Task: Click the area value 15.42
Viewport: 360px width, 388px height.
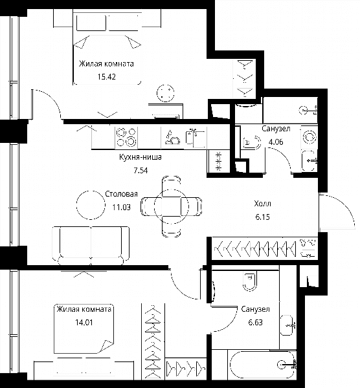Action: pyautogui.click(x=107, y=77)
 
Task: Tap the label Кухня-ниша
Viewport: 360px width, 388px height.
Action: pyautogui.click(x=141, y=157)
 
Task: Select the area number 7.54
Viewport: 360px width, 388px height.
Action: pyautogui.click(x=141, y=171)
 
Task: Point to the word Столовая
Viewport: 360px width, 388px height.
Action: pyautogui.click(x=122, y=194)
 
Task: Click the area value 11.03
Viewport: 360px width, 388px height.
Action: pyautogui.click(x=122, y=207)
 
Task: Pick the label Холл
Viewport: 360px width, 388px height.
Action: pyautogui.click(x=263, y=204)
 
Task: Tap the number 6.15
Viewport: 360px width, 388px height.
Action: pyautogui.click(x=263, y=217)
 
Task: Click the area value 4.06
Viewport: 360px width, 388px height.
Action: pyautogui.click(x=276, y=142)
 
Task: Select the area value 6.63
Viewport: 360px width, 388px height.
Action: pyautogui.click(x=256, y=323)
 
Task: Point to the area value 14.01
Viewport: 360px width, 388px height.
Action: pyautogui.click(x=84, y=323)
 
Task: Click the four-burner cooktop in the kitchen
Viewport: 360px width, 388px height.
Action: pyautogui.click(x=126, y=137)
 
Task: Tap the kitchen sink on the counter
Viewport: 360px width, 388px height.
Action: pyautogui.click(x=196, y=137)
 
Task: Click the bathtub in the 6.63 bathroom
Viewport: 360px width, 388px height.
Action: pyautogui.click(x=263, y=364)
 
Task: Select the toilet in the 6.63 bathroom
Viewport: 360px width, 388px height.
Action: pyautogui.click(x=250, y=281)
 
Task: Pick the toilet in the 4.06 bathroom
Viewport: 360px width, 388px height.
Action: pyautogui.click(x=252, y=142)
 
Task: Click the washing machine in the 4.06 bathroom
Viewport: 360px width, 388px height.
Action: pyautogui.click(x=309, y=137)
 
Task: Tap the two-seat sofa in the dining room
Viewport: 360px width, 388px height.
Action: pyautogui.click(x=91, y=246)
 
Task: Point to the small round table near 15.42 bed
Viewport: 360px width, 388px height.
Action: pyautogui.click(x=165, y=93)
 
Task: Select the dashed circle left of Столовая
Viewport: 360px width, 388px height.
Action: pyautogui.click(x=91, y=205)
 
